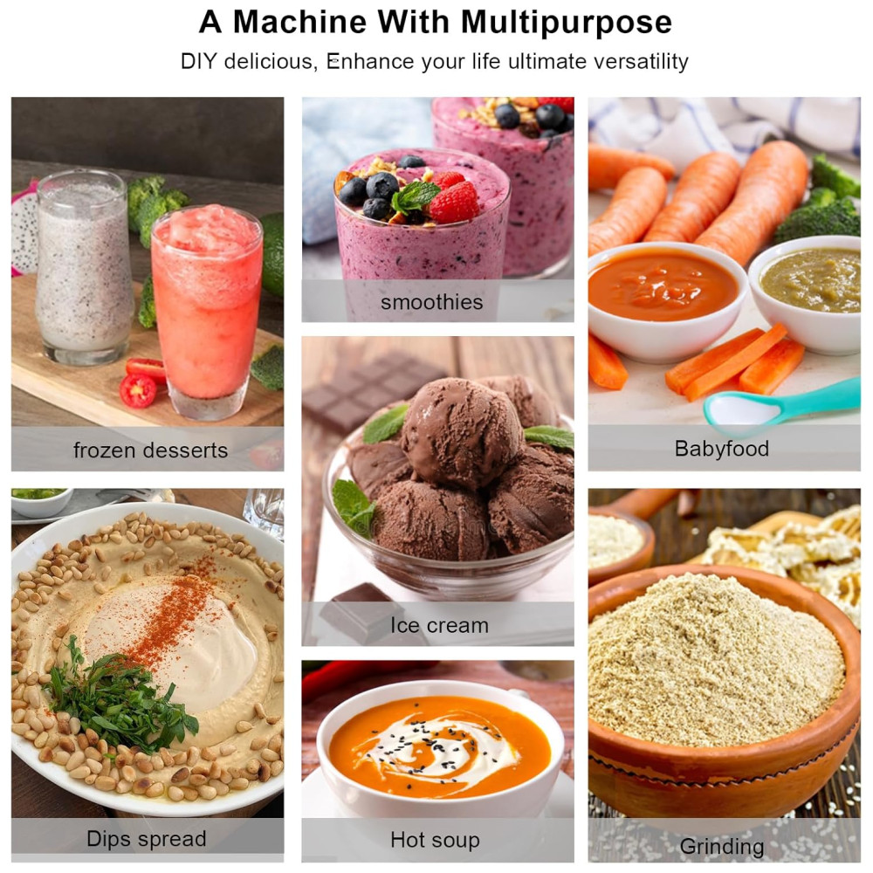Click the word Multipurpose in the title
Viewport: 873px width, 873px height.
point(567,24)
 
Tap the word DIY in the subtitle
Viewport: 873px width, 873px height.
point(199,61)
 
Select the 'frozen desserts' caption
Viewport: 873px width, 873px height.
point(150,450)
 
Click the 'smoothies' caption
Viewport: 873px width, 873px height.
point(431,302)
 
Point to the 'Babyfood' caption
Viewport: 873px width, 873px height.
point(722,449)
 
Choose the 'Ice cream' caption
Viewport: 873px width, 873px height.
point(439,625)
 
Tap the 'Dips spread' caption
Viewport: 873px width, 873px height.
point(147,839)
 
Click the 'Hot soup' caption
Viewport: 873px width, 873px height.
point(435,840)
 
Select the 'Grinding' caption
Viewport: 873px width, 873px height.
point(722,847)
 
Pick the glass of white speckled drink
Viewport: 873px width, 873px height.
point(84,267)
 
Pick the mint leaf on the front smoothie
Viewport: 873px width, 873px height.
point(416,196)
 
